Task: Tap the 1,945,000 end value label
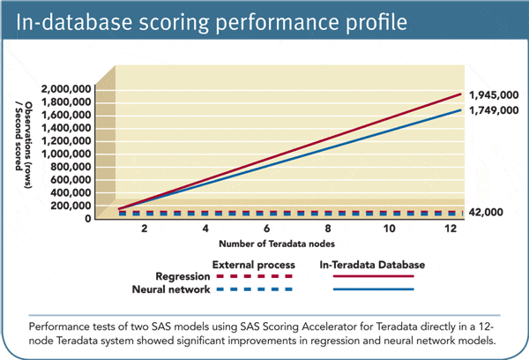[x=493, y=94]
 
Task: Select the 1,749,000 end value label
[x=493, y=113]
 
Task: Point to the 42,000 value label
[x=486, y=212]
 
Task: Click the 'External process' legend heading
[x=249, y=263]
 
